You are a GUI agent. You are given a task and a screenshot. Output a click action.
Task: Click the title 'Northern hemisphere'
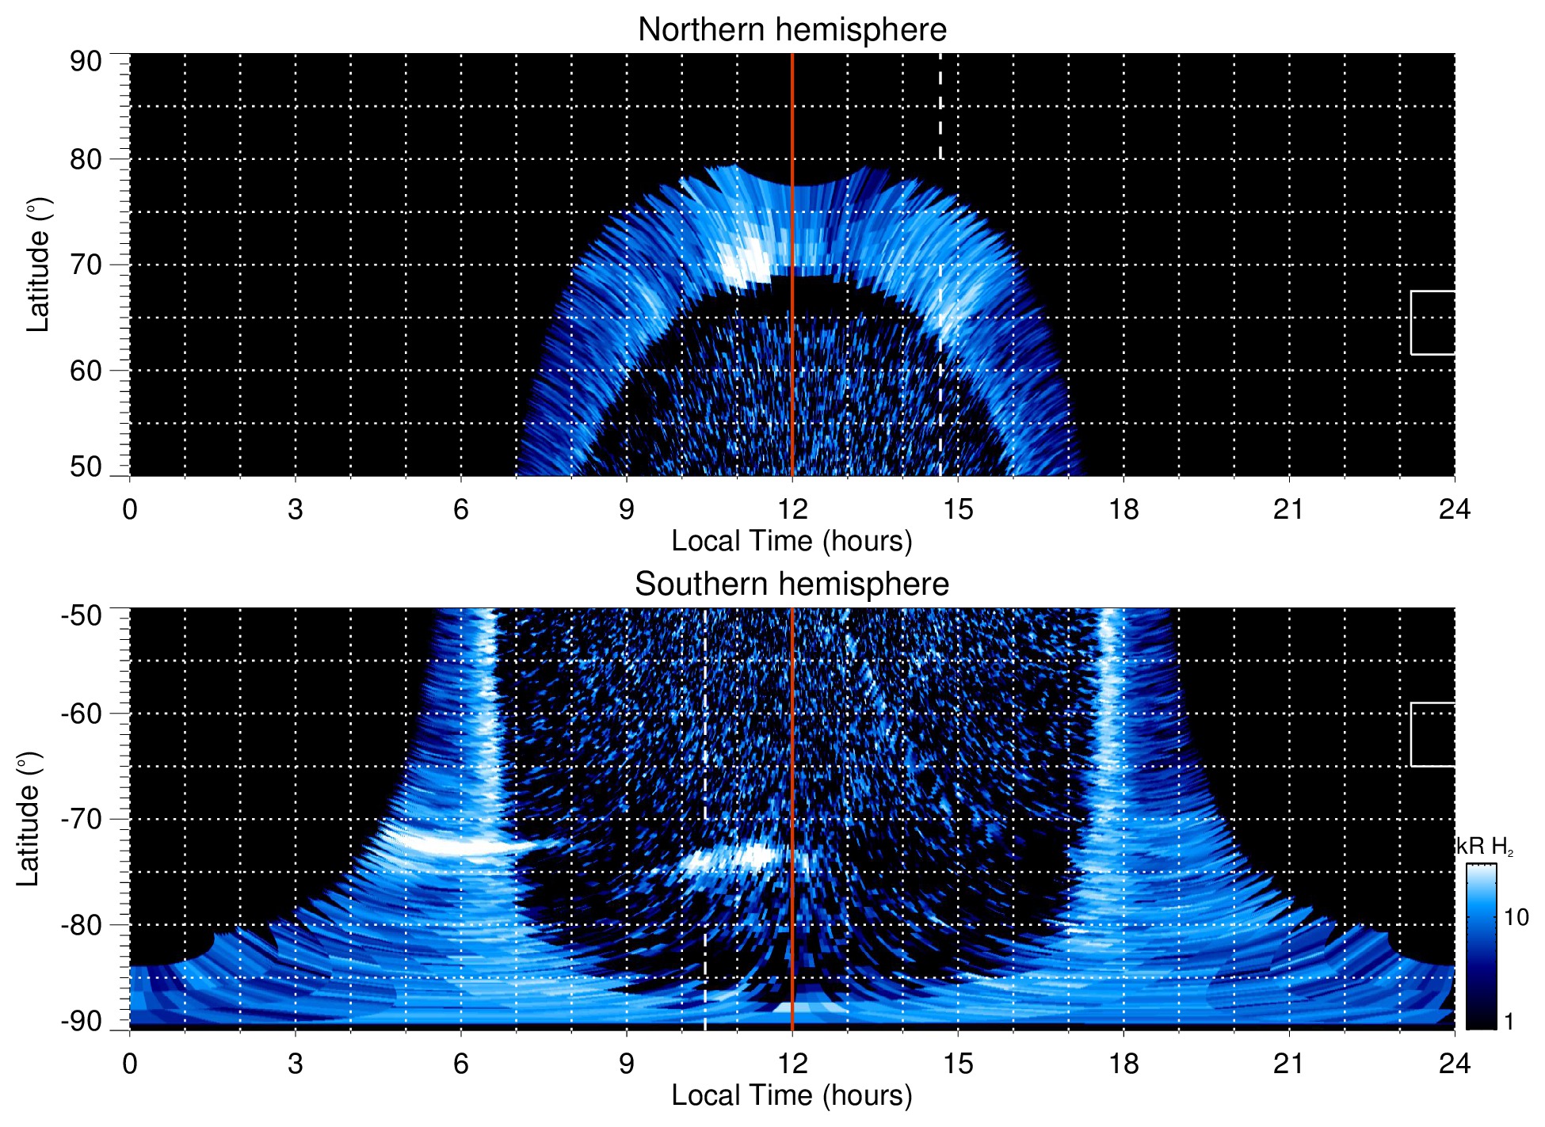[x=792, y=30]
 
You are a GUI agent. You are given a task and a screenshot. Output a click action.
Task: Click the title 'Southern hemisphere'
[x=792, y=584]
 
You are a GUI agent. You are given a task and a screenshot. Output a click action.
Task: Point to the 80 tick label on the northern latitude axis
[x=86, y=160]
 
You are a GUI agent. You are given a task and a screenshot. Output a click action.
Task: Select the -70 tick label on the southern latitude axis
[x=82, y=820]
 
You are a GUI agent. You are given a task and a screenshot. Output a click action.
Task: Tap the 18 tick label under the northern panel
[x=1123, y=509]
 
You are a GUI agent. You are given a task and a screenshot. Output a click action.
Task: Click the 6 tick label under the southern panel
[x=461, y=1064]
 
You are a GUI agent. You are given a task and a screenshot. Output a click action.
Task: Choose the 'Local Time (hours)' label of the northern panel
[x=792, y=542]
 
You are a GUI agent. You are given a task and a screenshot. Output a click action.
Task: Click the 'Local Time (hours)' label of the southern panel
[x=792, y=1096]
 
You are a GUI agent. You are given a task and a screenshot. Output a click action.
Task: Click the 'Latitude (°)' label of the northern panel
[x=38, y=265]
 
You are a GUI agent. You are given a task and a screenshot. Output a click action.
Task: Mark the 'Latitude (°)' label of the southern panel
[x=29, y=820]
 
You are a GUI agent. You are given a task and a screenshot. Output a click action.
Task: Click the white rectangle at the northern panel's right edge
[x=1432, y=323]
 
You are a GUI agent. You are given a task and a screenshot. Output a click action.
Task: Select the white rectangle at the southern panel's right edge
[x=1432, y=734]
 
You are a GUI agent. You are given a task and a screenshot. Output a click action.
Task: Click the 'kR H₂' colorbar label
[x=1485, y=847]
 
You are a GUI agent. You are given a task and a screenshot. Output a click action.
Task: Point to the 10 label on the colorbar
[x=1516, y=918]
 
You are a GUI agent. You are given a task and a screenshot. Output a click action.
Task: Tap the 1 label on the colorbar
[x=1509, y=1022]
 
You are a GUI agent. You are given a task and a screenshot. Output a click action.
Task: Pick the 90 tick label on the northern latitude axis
[x=86, y=62]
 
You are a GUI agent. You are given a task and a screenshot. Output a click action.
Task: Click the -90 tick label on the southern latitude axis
[x=82, y=1022]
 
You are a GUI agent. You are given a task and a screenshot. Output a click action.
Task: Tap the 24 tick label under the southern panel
[x=1454, y=1064]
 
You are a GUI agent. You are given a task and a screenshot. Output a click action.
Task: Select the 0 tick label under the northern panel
[x=130, y=509]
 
